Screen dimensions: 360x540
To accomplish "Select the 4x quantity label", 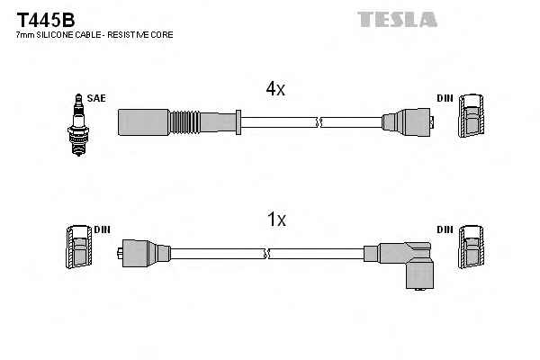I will tap(275, 88).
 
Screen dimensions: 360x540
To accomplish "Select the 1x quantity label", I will tap(276, 219).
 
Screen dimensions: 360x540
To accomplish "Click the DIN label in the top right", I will tap(445, 97).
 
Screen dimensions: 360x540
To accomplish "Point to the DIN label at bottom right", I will tap(445, 229).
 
